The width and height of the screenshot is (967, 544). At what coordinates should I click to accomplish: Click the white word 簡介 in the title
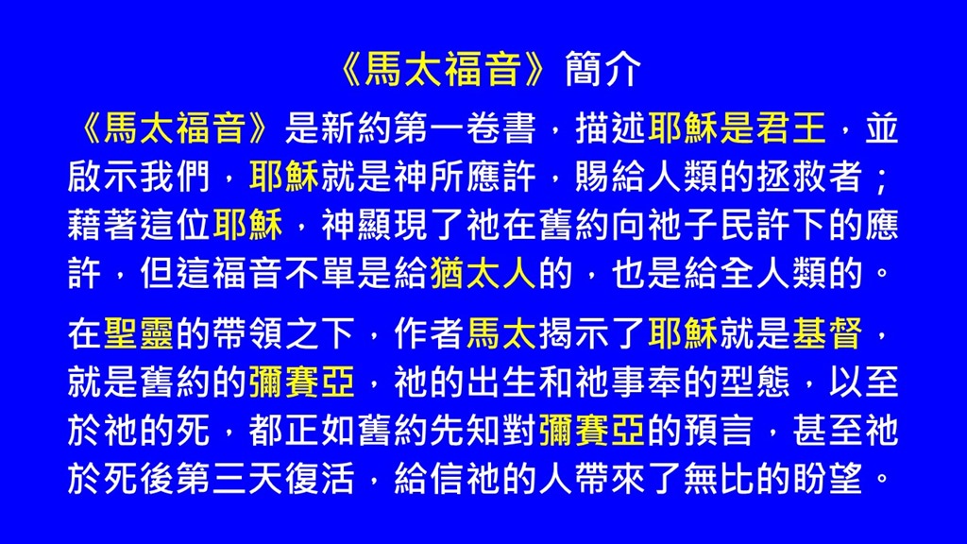click(603, 68)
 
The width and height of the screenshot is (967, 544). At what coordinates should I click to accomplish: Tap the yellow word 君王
click(790, 128)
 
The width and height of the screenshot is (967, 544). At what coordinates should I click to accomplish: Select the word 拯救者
click(808, 177)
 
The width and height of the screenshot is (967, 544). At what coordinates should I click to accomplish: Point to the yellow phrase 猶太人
click(483, 273)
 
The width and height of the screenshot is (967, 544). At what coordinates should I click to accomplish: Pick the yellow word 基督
click(827, 333)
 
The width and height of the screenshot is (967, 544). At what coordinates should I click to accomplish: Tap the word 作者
click(429, 333)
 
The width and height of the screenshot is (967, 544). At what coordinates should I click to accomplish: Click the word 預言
click(718, 430)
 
